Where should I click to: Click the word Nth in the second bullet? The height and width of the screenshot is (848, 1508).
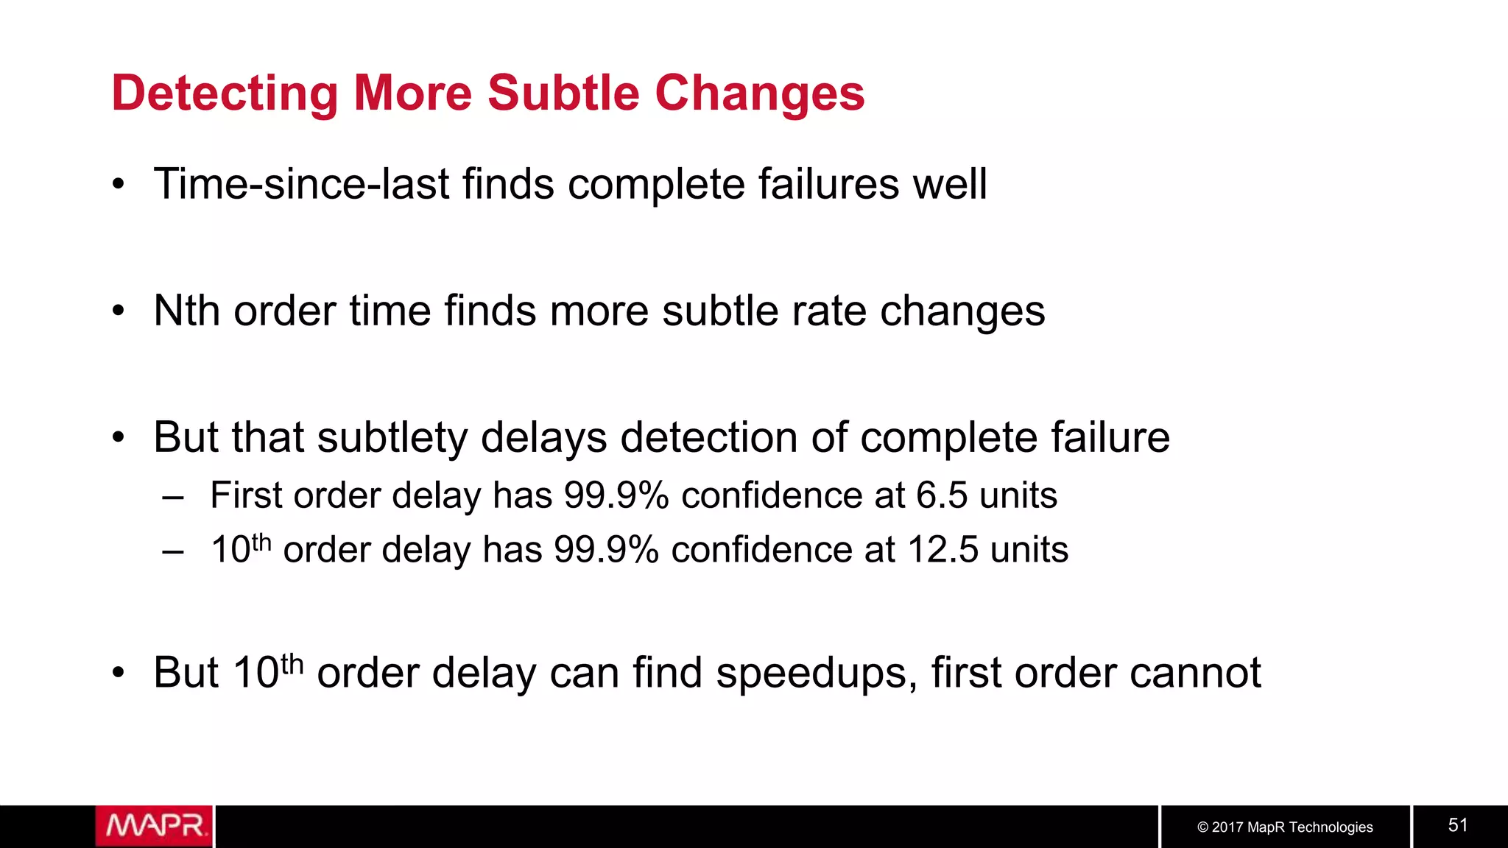click(186, 311)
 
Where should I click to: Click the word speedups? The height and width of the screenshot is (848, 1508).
click(816, 673)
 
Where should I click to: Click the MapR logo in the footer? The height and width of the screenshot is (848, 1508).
click(154, 826)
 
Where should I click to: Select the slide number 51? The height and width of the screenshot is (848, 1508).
click(1458, 825)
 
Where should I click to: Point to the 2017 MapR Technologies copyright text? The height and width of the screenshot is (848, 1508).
click(1285, 827)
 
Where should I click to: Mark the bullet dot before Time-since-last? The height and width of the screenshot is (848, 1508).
click(119, 185)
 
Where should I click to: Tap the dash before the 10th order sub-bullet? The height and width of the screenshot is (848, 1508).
click(173, 551)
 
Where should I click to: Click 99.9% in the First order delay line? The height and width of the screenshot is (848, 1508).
click(616, 495)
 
